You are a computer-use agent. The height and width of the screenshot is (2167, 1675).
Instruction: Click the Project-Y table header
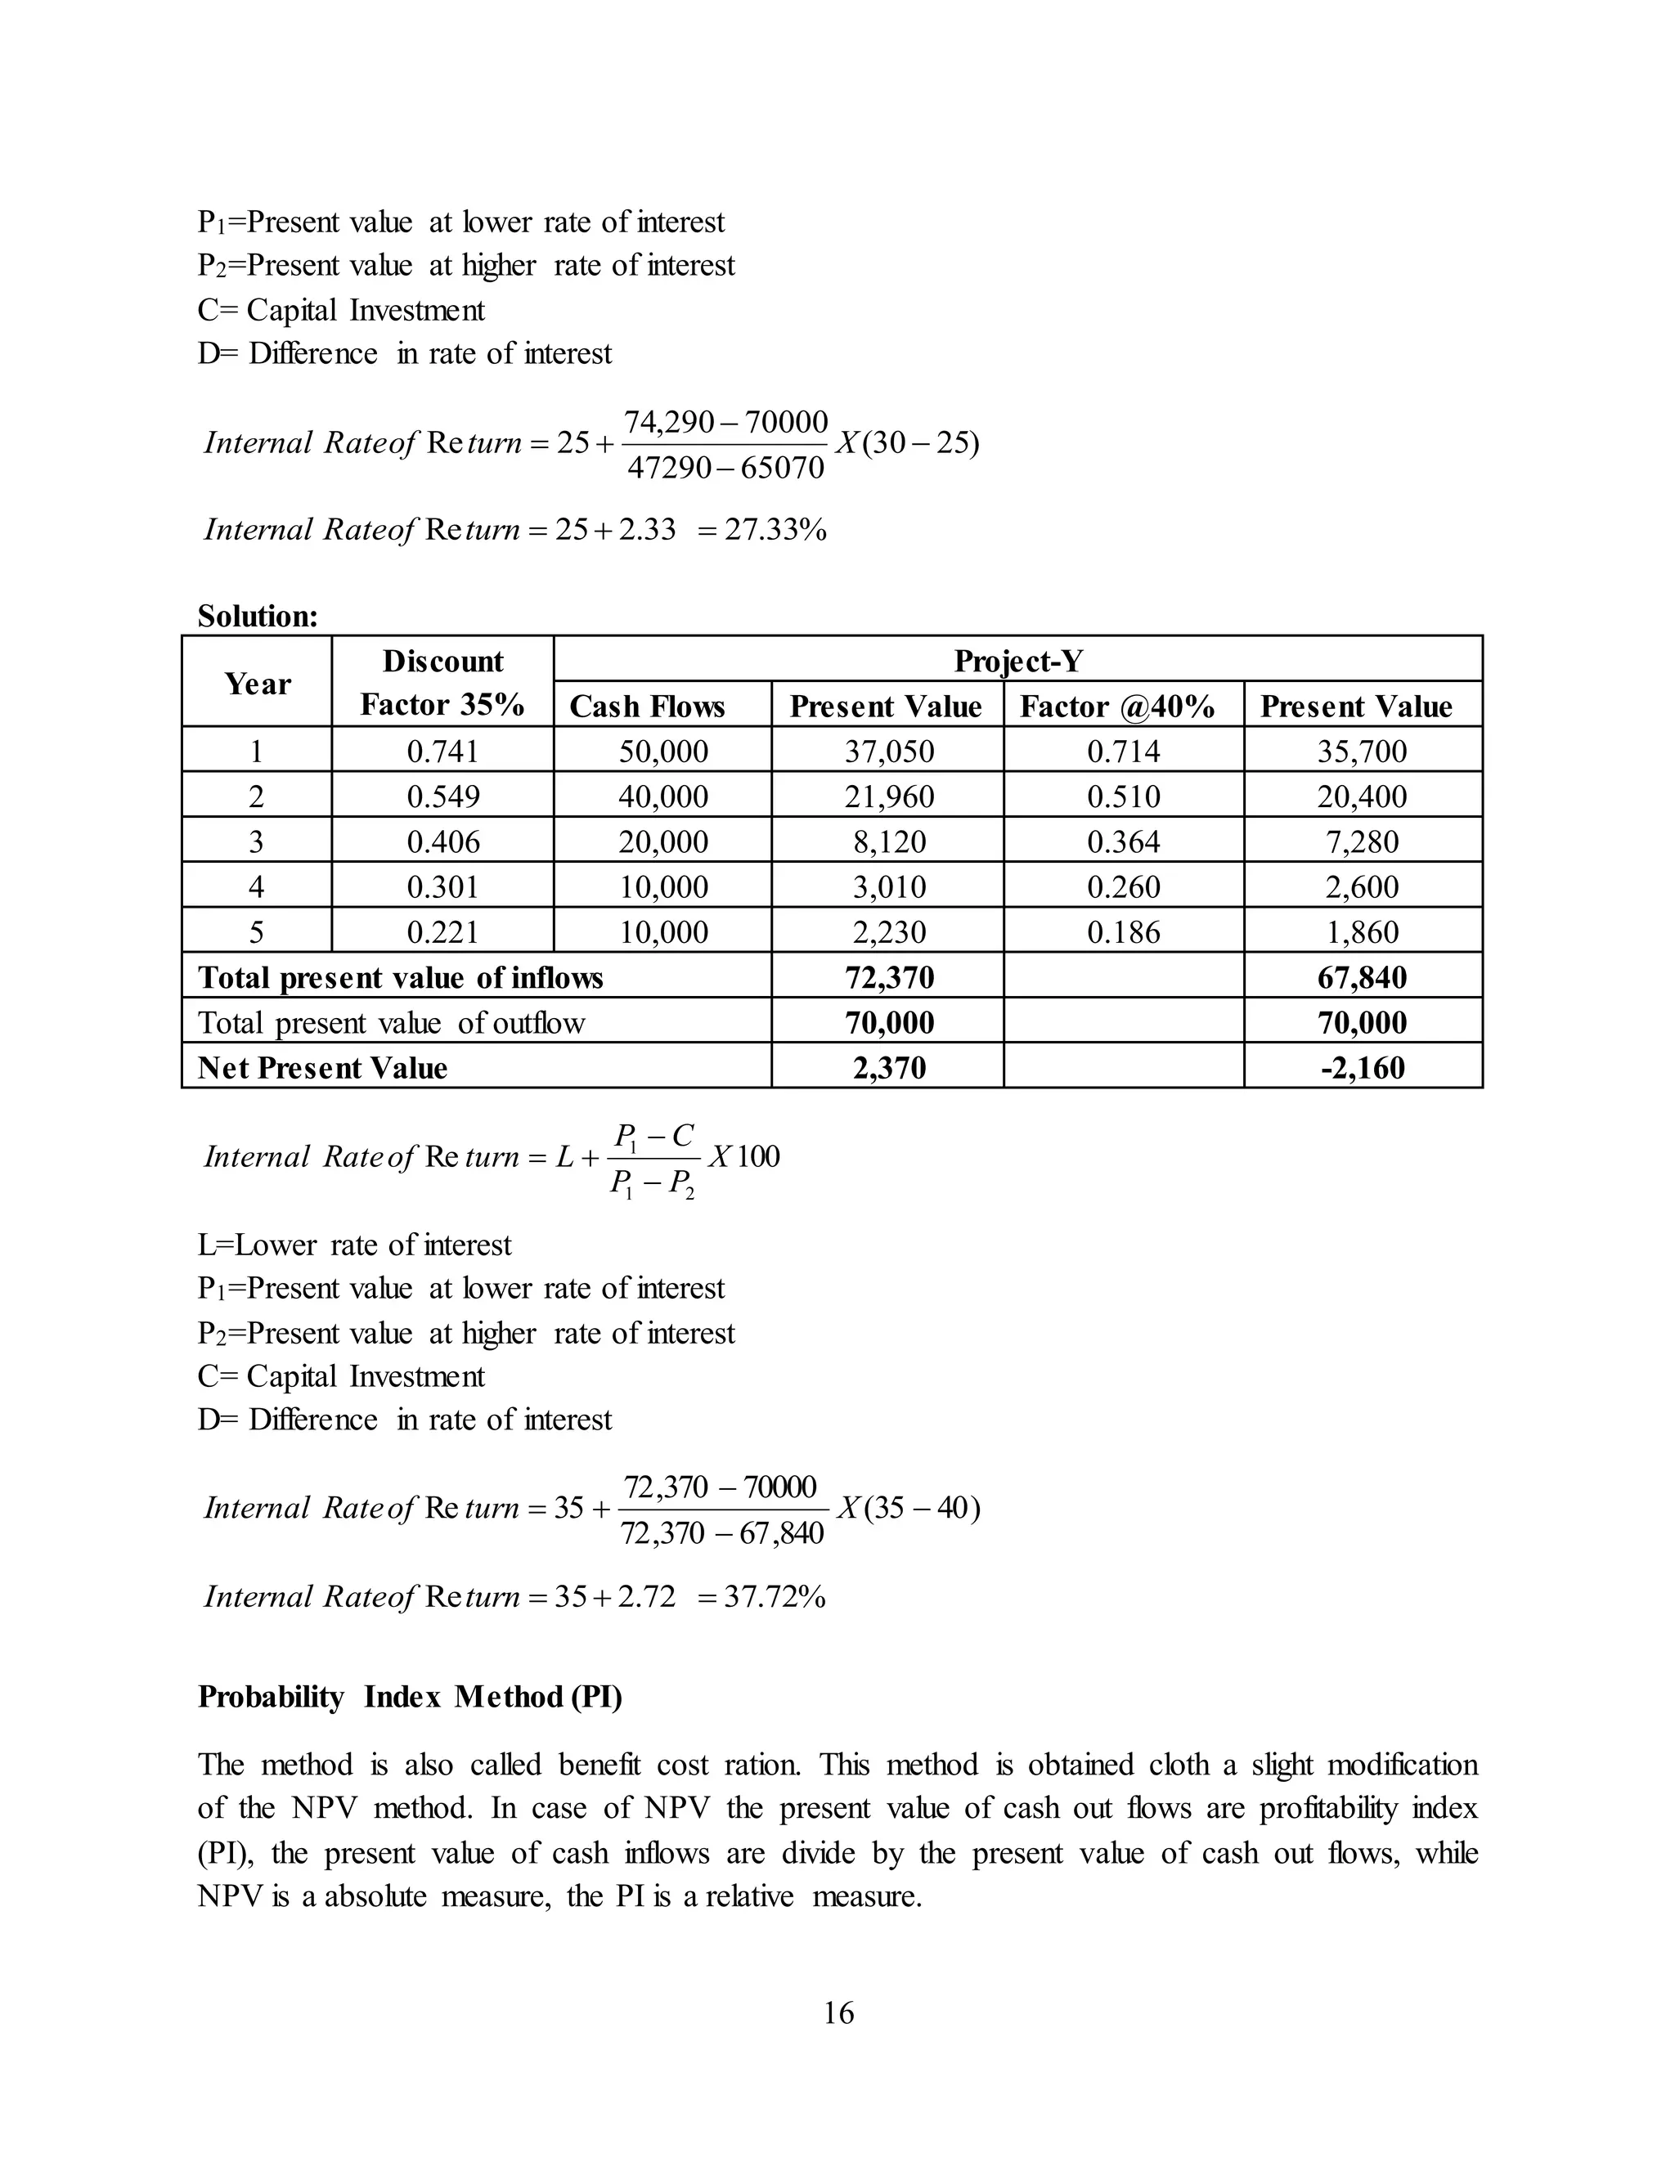pos(1017,661)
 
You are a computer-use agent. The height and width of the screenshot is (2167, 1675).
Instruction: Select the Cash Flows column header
pos(647,707)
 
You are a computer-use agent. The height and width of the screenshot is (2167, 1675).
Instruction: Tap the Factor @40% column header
pos(1117,707)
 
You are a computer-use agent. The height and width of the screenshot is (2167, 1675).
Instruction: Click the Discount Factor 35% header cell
pos(442,683)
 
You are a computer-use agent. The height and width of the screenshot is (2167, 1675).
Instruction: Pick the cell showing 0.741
pos(442,751)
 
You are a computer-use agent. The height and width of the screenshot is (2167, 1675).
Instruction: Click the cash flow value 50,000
pos(662,751)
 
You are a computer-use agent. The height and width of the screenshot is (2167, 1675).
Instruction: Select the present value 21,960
pos(889,796)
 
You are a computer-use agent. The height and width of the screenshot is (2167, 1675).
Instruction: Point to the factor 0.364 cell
pos(1123,842)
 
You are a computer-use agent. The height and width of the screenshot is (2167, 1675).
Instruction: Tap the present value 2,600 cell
pos(1362,887)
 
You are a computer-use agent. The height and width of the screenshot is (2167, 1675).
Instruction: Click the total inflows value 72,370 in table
pos(889,977)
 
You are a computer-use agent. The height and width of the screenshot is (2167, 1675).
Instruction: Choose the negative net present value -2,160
pos(1362,1068)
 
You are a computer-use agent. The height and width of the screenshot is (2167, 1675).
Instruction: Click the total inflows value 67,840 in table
pos(1362,977)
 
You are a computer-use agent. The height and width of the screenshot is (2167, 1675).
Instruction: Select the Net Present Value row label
pos(322,1068)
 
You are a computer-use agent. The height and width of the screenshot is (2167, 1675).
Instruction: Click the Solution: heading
pos(258,617)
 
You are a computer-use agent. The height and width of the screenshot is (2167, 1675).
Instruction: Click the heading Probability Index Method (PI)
pos(410,1697)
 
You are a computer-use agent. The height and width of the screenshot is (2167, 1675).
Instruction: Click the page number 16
pos(837,2013)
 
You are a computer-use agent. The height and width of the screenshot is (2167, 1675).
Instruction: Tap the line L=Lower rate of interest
pos(354,1245)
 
